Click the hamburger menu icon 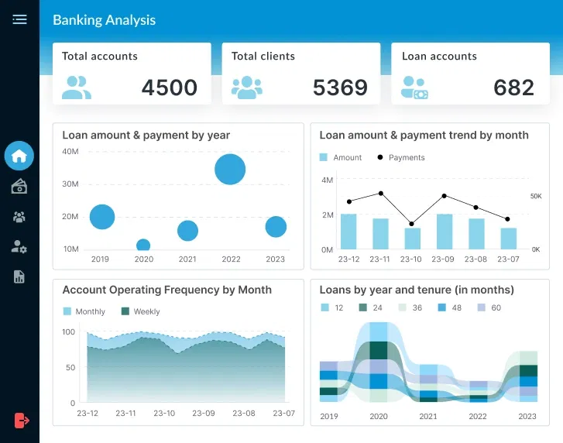click(19, 19)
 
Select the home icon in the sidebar click(19, 156)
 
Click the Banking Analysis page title click(104, 20)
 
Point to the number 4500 click(170, 88)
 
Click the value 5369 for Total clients click(340, 88)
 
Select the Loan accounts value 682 click(513, 88)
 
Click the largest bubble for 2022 click(230, 169)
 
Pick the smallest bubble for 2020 click(143, 246)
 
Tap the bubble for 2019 click(101, 217)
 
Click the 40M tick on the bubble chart click(70, 152)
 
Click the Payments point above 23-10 click(412, 223)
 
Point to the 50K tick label click(536, 197)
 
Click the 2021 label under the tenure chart click(428, 416)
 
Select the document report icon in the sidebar click(19, 276)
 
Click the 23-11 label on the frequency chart click(125, 414)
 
